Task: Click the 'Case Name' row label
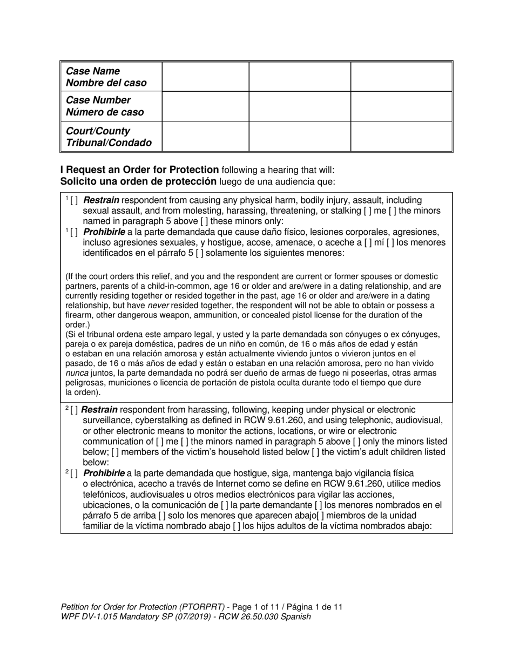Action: [x=92, y=71]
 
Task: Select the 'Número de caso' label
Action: [x=105, y=112]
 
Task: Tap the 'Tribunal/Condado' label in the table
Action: [x=108, y=143]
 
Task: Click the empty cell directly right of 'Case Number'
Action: [x=205, y=106]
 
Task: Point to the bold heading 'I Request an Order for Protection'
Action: [x=140, y=170]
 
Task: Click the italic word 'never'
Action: [x=158, y=305]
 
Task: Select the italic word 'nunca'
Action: [x=76, y=373]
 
